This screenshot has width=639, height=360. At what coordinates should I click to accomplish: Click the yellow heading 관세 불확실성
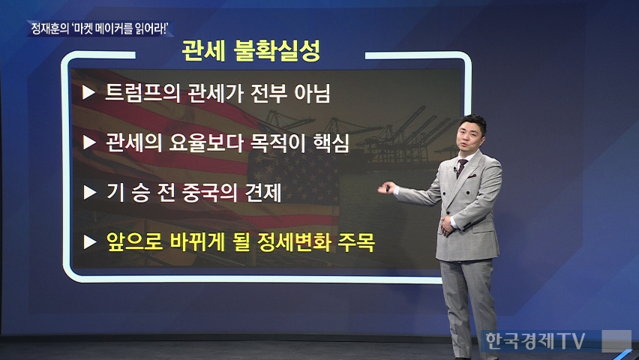[250, 50]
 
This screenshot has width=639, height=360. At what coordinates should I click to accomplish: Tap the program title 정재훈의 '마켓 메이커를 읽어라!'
[100, 29]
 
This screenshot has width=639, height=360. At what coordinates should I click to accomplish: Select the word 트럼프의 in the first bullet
[142, 93]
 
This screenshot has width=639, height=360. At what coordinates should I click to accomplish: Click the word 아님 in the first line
[312, 93]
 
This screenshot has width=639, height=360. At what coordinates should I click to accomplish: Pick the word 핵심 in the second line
[331, 142]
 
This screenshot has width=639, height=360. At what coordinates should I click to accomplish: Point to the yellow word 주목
[355, 242]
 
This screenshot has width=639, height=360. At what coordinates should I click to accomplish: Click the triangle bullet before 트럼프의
[88, 92]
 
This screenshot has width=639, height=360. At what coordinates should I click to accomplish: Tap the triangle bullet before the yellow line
[89, 242]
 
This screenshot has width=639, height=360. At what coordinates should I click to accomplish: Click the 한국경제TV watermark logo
[535, 340]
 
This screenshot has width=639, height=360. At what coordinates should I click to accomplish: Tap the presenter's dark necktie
[461, 167]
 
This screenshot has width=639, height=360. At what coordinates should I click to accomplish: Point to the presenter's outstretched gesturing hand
[386, 188]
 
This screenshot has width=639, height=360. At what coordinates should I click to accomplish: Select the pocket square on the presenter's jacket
[472, 176]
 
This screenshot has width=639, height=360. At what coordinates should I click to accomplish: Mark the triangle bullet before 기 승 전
[89, 193]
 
